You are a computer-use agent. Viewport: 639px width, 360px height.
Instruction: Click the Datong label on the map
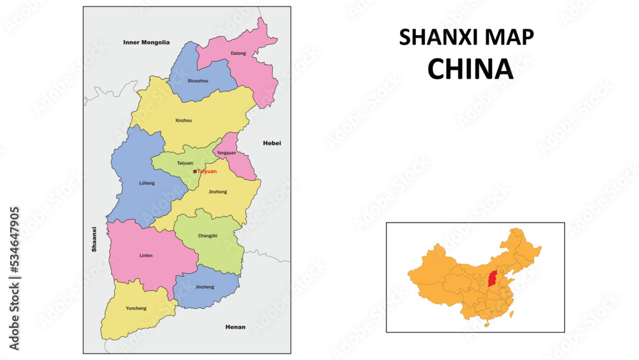tap(238, 53)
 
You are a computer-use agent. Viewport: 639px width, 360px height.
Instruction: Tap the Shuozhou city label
tap(198, 81)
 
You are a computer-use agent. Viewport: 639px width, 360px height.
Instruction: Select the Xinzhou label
tap(183, 120)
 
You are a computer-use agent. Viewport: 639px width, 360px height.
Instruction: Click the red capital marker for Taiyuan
tap(195, 171)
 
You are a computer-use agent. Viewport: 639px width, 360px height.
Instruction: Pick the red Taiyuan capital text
tap(207, 171)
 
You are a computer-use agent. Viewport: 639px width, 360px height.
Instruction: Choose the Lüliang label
tap(146, 183)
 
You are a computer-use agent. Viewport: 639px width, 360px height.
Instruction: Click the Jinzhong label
tap(218, 191)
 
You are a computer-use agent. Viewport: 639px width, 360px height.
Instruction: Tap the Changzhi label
tap(208, 236)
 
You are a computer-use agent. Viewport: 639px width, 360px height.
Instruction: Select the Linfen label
tap(146, 256)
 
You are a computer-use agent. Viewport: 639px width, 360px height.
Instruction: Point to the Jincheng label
tap(205, 286)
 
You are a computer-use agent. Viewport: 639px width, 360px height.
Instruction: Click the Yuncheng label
tap(136, 308)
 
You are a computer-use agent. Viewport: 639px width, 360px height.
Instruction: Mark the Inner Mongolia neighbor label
tap(146, 42)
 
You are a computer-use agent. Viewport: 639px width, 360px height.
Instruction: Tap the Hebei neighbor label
tap(272, 143)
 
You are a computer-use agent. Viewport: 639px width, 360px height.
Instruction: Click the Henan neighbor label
tap(235, 327)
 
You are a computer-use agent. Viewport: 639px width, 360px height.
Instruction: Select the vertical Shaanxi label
tap(93, 239)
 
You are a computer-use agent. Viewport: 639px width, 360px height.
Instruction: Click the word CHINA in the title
tap(470, 68)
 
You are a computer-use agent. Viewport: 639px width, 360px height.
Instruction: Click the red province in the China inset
tap(492, 279)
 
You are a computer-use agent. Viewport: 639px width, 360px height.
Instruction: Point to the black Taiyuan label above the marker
tap(185, 163)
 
